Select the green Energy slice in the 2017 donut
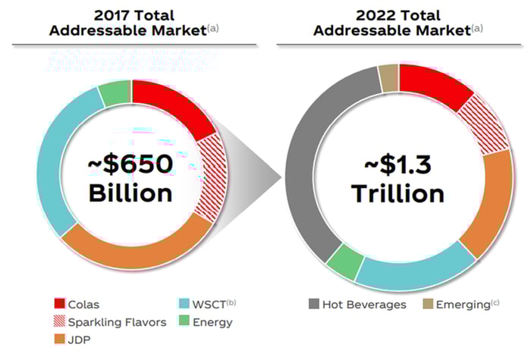pyautogui.click(x=114, y=92)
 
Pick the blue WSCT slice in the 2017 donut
pyautogui.click(x=52, y=159)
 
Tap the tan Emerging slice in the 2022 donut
pyautogui.click(x=388, y=77)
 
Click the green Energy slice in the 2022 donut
pyautogui.click(x=345, y=262)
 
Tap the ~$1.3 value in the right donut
pyautogui.click(x=397, y=163)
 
